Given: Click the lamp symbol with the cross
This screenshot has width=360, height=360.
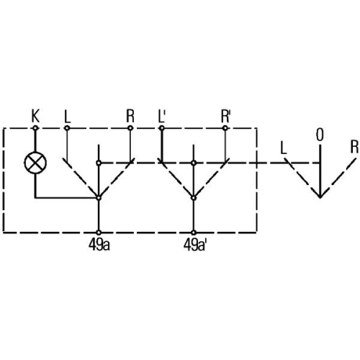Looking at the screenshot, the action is click(x=35, y=163).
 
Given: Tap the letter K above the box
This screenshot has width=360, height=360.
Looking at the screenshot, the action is click(x=35, y=116).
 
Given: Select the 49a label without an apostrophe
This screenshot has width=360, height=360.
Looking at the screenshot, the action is click(x=99, y=245).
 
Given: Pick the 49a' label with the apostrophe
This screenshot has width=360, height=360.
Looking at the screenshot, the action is click(x=194, y=245).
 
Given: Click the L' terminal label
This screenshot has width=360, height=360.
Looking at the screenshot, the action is click(x=162, y=117).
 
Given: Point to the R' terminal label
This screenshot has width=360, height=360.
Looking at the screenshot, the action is click(x=225, y=117).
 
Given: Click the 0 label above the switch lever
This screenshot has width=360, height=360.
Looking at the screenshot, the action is click(x=320, y=135).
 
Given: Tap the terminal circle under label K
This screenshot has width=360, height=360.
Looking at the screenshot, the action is click(x=35, y=128).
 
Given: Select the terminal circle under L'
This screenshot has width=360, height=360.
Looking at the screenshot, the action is click(x=162, y=128).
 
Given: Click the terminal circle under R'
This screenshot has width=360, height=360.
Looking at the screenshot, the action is click(x=225, y=128).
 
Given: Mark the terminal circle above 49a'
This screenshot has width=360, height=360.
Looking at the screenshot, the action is click(x=194, y=233).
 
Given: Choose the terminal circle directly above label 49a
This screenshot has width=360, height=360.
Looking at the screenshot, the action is click(x=99, y=233).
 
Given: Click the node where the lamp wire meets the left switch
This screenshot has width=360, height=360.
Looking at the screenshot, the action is click(x=99, y=198).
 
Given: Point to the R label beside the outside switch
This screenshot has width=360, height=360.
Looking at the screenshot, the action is click(x=354, y=147).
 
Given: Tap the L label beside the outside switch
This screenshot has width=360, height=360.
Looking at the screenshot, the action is click(x=284, y=148).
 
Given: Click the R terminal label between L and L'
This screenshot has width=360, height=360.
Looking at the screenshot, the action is click(x=130, y=117).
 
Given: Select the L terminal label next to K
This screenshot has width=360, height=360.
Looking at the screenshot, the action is click(x=68, y=117).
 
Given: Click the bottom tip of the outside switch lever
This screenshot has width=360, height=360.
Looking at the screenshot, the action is click(x=320, y=198).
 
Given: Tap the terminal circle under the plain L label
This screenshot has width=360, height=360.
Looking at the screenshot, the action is click(x=67, y=128).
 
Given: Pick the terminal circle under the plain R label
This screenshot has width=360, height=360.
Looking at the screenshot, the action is click(x=130, y=128).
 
